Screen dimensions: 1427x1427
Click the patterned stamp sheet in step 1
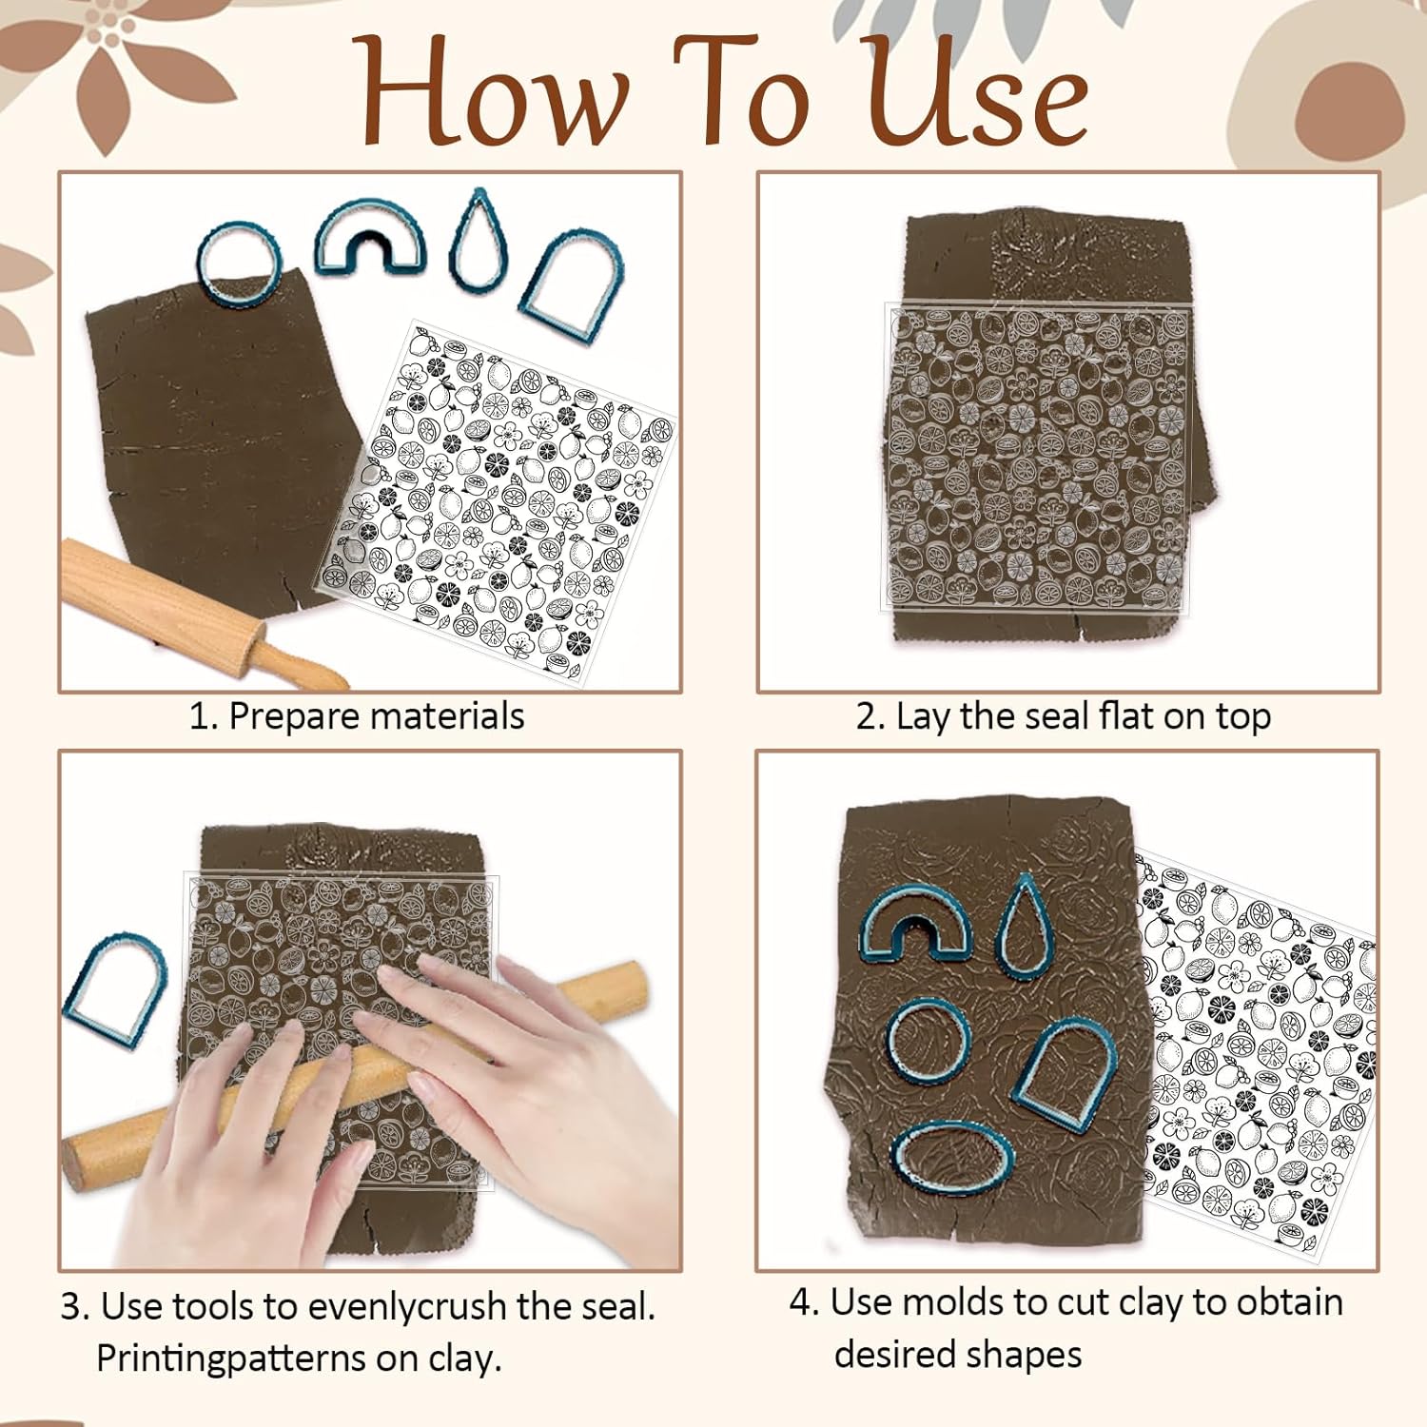tap(495, 499)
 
